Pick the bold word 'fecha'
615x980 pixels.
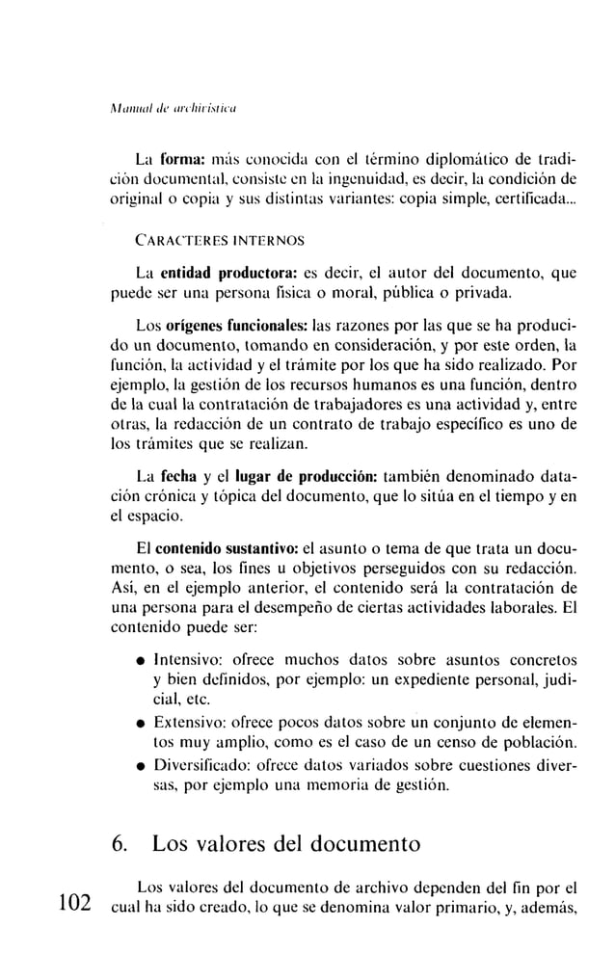(x=180, y=475)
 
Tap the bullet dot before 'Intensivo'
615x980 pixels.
(x=142, y=661)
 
